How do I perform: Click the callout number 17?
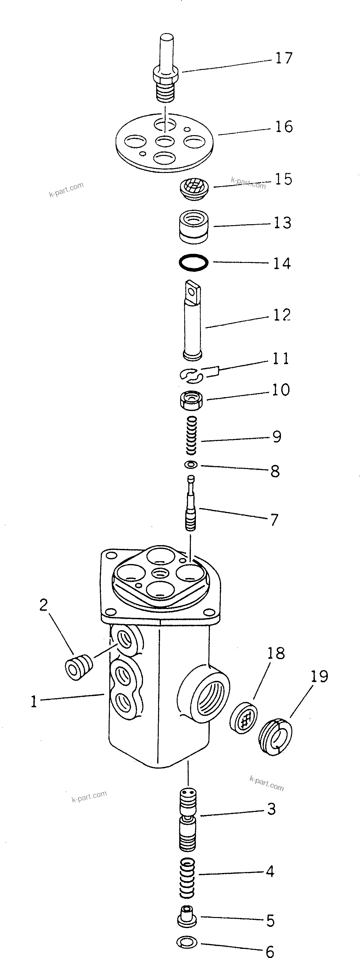tap(284, 58)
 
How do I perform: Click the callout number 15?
tap(284, 179)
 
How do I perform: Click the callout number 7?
tap(274, 520)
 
